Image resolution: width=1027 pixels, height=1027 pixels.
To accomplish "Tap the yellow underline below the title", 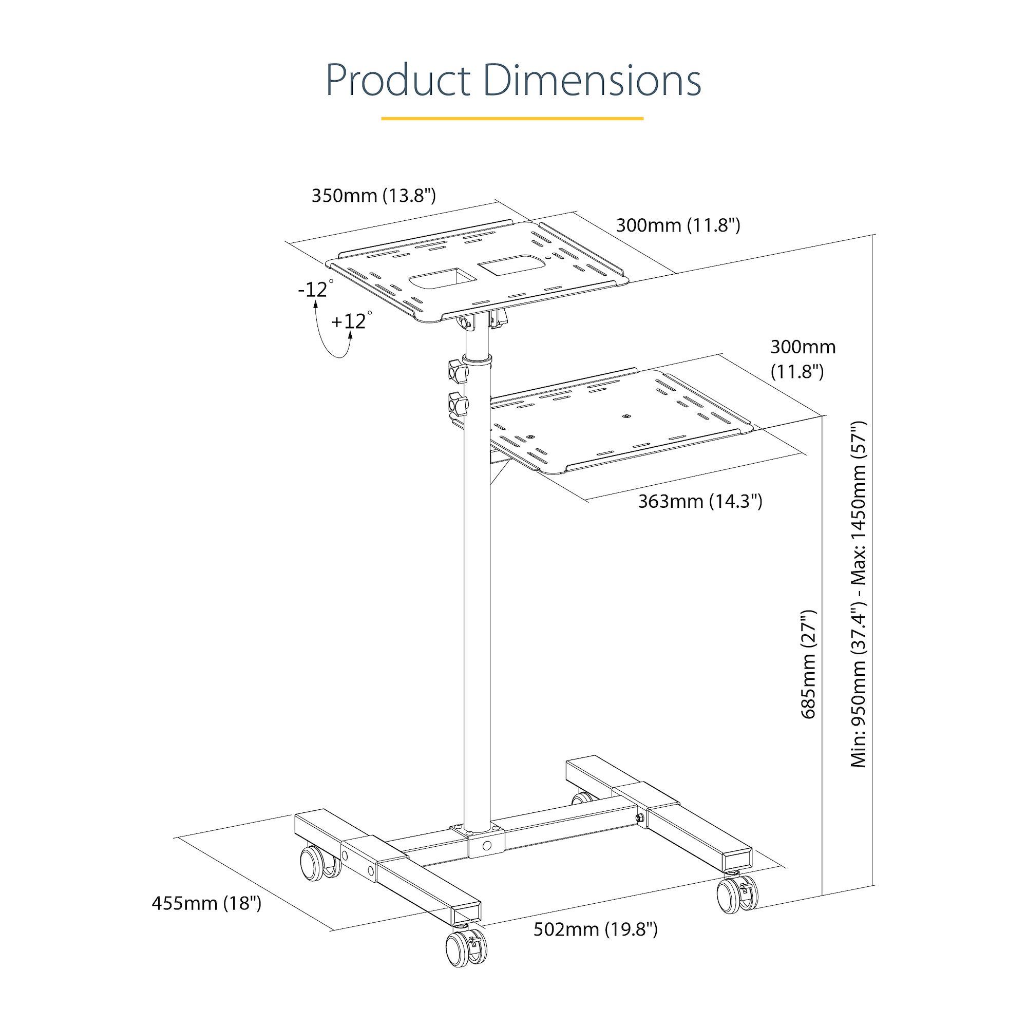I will pyautogui.click(x=512, y=119).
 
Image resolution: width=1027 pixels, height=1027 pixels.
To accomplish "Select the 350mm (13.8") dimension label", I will pyautogui.click(x=374, y=196).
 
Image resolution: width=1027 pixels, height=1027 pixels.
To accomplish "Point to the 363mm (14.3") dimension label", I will pyautogui.click(x=700, y=501).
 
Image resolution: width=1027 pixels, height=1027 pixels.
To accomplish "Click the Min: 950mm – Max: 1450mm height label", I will pyautogui.click(x=858, y=594).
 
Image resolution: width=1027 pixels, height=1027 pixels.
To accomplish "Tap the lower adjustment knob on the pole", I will pyautogui.click(x=458, y=405).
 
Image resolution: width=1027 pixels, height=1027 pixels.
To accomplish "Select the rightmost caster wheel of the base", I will pyautogui.click(x=736, y=896).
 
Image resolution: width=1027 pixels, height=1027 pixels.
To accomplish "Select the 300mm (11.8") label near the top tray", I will pyautogui.click(x=678, y=225).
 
